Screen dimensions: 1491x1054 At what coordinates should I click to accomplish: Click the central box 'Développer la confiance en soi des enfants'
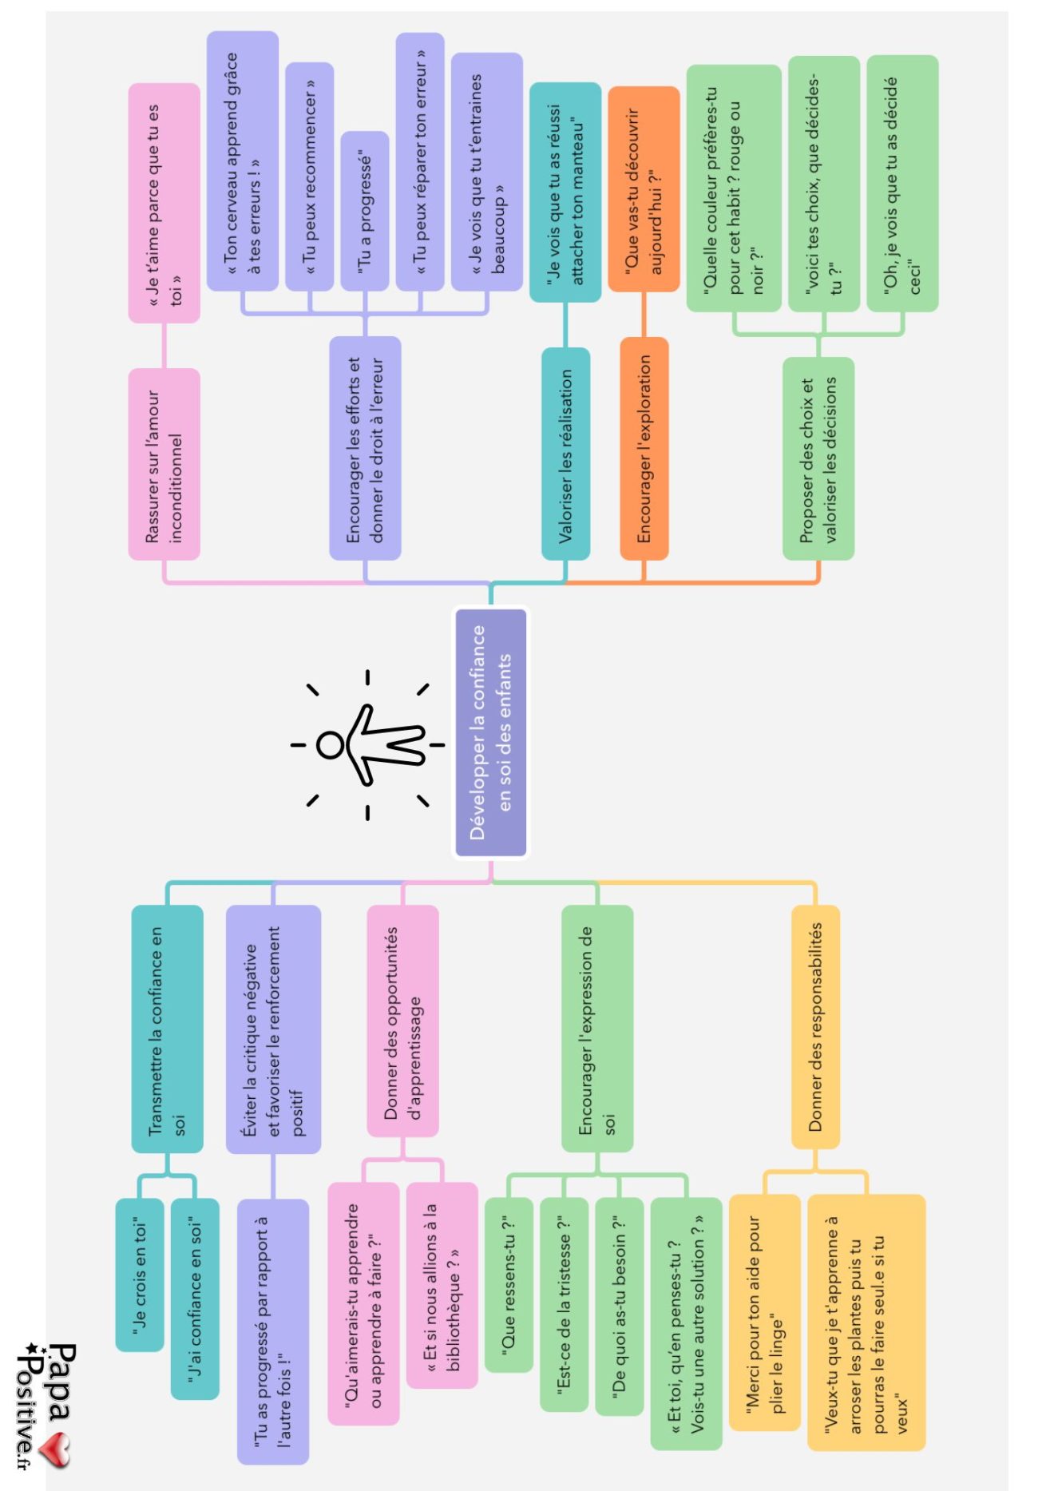[490, 732]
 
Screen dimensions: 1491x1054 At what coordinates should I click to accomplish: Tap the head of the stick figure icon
[329, 744]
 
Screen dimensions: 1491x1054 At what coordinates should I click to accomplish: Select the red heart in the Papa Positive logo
[56, 1450]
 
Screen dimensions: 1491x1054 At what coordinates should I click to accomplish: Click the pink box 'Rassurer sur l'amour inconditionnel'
[164, 464]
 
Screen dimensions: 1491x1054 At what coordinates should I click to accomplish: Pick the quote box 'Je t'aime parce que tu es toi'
[164, 203]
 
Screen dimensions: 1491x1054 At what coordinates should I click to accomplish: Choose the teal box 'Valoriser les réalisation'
[565, 454]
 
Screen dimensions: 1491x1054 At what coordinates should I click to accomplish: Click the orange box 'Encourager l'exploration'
[644, 448]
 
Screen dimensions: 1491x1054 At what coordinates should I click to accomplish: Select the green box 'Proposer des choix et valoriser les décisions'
[818, 458]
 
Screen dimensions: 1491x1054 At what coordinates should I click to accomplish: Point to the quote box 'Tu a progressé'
[365, 211]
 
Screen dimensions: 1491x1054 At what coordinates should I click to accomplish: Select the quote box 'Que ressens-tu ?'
[508, 1285]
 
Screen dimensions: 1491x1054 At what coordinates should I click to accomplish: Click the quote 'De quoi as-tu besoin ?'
[619, 1306]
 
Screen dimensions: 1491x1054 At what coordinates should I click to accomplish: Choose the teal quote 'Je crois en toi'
[140, 1275]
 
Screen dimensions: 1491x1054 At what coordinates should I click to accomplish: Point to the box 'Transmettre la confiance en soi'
[167, 1029]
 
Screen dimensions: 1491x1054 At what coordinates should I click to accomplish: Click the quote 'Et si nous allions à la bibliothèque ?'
[442, 1285]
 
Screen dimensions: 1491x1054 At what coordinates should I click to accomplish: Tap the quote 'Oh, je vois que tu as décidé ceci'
[902, 183]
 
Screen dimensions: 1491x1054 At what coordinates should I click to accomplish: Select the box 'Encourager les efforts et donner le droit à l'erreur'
[365, 448]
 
